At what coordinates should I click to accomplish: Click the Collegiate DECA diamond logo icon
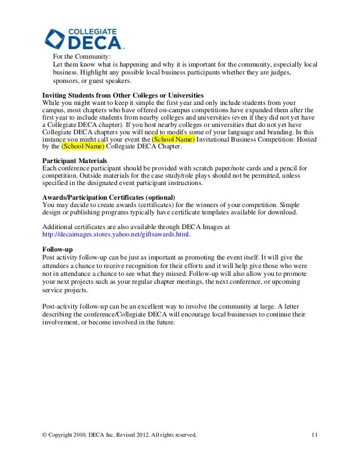click(56, 38)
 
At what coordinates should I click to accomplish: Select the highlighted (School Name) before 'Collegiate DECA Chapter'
click(83, 147)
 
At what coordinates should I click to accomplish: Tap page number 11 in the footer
click(314, 434)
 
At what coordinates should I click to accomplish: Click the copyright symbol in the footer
click(45, 434)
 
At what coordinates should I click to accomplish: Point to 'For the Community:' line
click(82, 56)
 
